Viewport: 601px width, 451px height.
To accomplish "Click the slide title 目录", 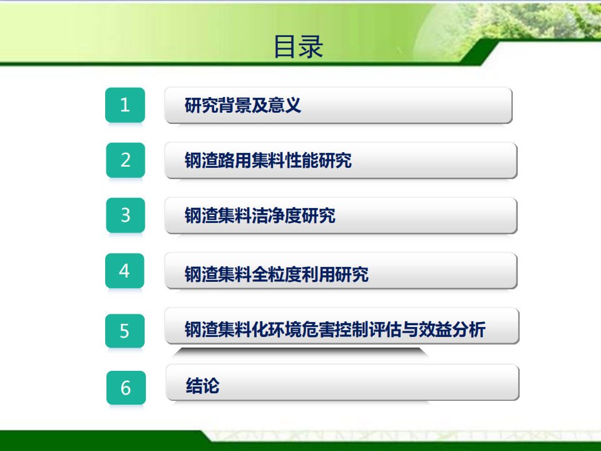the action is point(299,47).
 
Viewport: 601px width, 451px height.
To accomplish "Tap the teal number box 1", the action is point(125,105).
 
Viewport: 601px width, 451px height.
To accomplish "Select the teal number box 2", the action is point(125,160).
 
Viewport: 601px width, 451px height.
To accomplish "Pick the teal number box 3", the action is point(125,215).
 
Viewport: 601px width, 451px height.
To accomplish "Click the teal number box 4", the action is point(125,271).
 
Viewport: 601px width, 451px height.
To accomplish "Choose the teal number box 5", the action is point(125,331).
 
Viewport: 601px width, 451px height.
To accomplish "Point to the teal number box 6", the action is point(126,388).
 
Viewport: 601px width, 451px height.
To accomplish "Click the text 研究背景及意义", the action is point(243,105).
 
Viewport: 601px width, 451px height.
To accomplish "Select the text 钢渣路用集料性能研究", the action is point(268,160).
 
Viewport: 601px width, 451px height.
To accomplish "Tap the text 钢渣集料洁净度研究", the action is point(260,215).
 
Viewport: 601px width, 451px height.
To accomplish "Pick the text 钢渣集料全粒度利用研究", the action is point(276,274).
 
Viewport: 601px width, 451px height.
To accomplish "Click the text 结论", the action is point(202,386).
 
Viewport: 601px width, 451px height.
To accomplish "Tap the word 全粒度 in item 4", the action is point(276,274).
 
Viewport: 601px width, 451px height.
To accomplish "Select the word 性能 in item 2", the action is point(302,160).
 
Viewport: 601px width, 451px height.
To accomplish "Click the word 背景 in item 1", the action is point(235,105).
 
